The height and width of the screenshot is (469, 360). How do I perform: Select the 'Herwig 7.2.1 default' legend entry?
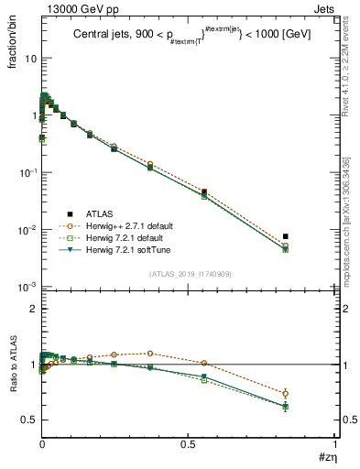pos(134,237)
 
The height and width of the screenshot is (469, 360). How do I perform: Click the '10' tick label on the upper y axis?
pos(30,58)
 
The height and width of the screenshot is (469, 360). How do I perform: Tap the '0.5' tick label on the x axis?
pos(188,443)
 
